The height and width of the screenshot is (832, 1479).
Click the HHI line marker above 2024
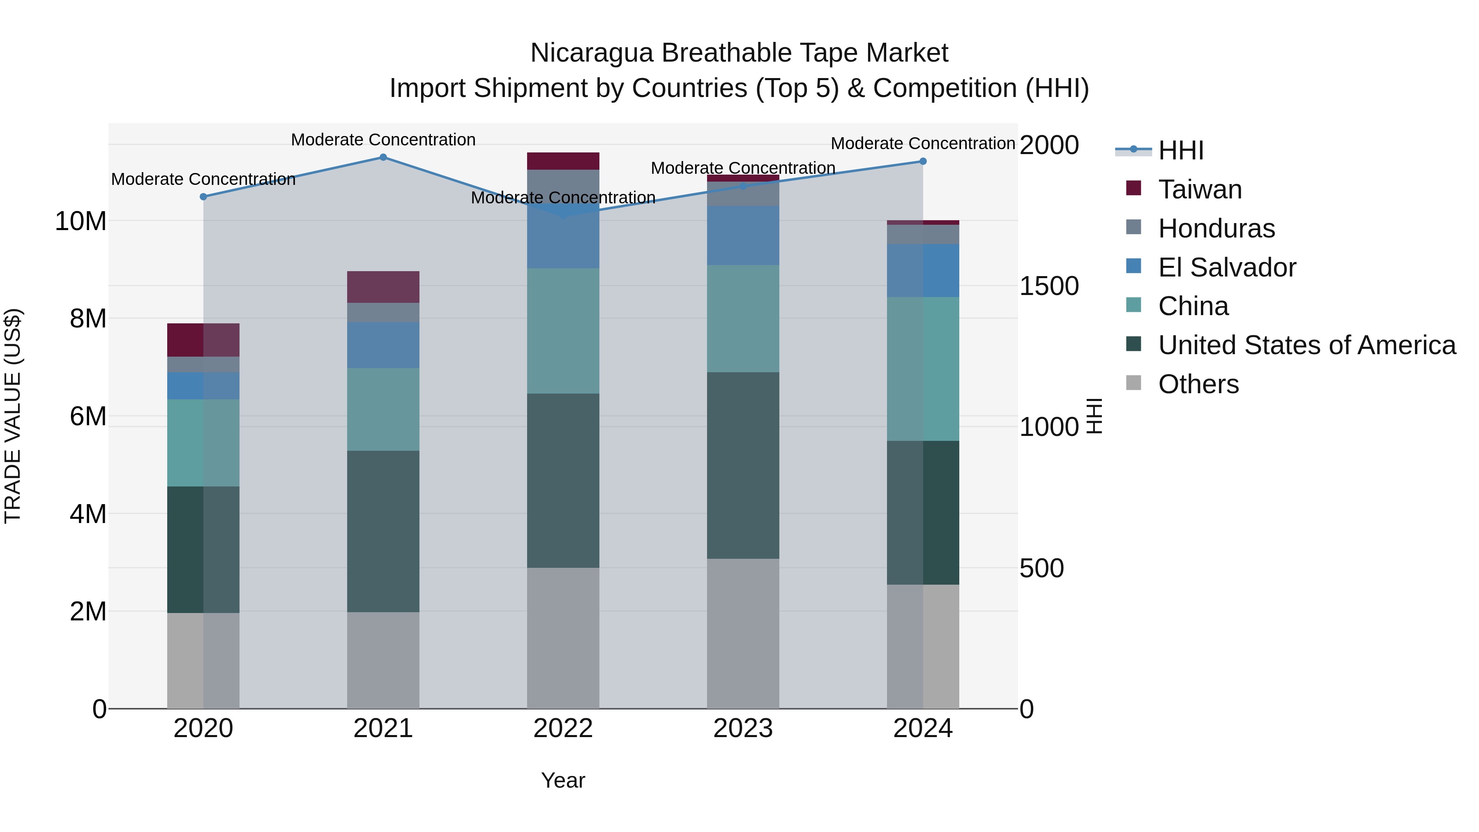point(923,161)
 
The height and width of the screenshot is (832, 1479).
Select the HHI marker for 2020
point(203,197)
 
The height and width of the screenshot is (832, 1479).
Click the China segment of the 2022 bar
point(563,331)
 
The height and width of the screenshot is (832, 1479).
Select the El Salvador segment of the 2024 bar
point(923,270)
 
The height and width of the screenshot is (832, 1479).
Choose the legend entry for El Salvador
point(1226,267)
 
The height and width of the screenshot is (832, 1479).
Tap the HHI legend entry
point(1180,150)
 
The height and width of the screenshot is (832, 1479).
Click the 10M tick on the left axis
point(81,221)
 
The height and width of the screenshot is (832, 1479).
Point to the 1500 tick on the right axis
point(1049,286)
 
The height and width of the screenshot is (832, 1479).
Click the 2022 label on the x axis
point(563,728)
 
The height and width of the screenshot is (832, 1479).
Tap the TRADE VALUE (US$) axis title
point(13,416)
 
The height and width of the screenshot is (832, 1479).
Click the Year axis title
point(563,780)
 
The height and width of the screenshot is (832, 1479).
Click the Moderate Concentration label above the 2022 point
point(563,198)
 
